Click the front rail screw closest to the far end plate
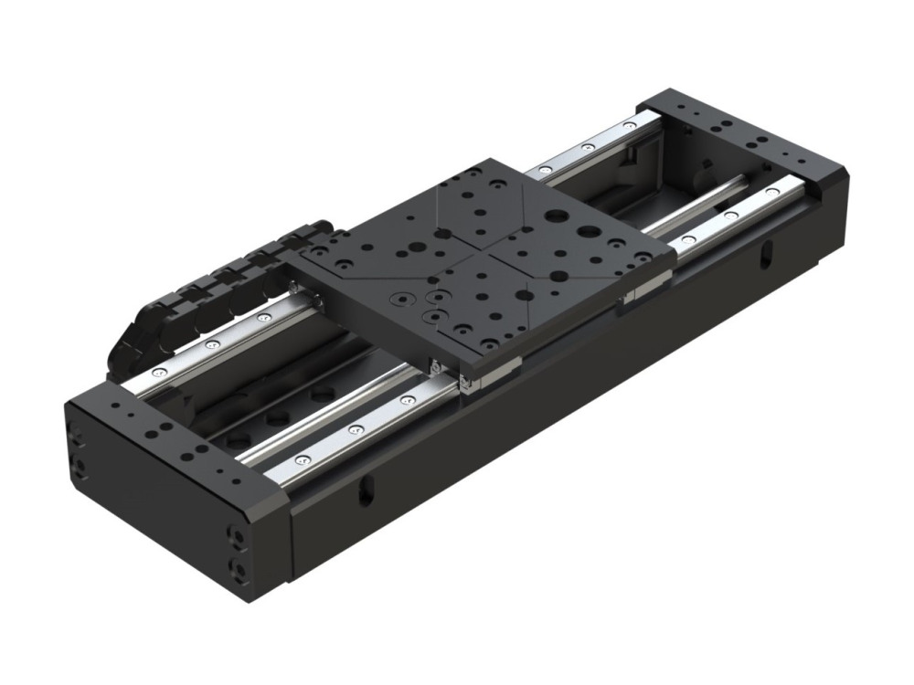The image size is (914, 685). point(773,193)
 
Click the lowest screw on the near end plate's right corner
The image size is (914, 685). point(239,572)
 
